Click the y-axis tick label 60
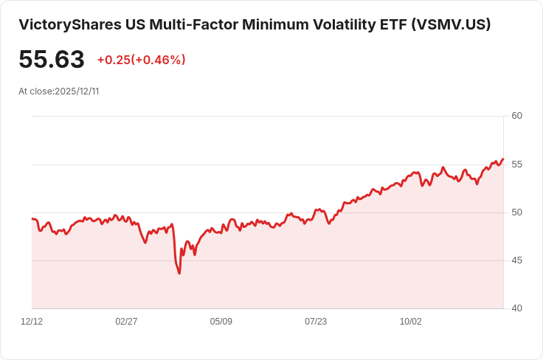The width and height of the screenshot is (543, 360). [516, 116]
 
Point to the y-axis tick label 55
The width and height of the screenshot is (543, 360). [516, 164]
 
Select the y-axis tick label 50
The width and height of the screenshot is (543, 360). [516, 212]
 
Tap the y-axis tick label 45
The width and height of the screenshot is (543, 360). [516, 260]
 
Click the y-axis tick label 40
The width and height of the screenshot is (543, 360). [516, 308]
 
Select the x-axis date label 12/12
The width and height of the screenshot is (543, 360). [32, 322]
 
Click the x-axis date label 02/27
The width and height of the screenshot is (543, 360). [126, 322]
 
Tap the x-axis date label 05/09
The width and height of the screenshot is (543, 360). [221, 322]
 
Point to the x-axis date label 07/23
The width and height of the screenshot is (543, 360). [316, 322]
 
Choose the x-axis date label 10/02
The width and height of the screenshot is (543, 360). [410, 322]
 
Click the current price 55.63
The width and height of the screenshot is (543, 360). [52, 60]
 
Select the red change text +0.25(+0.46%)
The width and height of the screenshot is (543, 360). [141, 60]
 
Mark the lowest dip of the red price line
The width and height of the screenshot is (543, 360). [179, 274]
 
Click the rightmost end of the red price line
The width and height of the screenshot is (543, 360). [503, 159]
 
